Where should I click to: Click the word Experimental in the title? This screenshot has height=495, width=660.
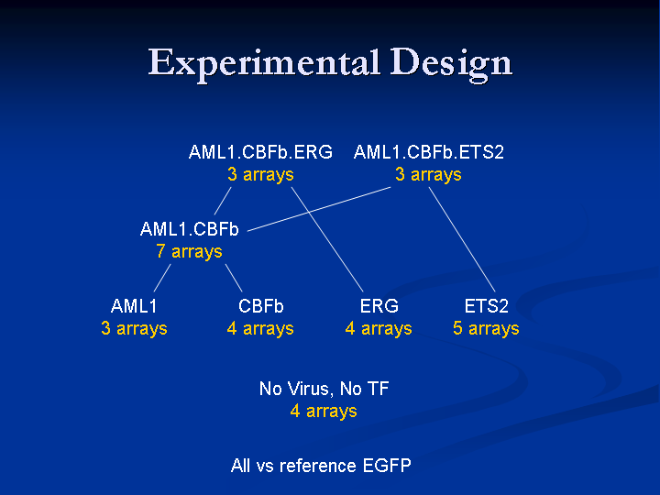click(x=264, y=63)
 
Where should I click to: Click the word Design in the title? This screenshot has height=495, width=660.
click(x=451, y=63)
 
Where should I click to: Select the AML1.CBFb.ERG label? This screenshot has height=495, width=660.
click(x=260, y=152)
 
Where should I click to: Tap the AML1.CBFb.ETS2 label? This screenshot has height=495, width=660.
click(x=428, y=152)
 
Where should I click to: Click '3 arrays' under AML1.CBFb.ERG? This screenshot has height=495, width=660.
click(x=260, y=174)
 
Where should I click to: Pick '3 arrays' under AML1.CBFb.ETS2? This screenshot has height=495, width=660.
click(x=428, y=174)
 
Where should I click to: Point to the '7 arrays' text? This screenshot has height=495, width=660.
click(x=189, y=251)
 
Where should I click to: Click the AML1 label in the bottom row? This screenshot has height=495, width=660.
click(x=134, y=306)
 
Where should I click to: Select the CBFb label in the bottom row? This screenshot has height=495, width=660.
click(x=261, y=306)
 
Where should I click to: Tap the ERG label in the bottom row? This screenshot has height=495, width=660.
click(x=379, y=306)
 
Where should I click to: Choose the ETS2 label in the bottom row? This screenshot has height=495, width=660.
click(x=486, y=306)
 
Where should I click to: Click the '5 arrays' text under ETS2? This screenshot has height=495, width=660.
click(x=486, y=328)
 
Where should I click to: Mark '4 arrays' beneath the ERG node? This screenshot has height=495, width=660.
click(x=379, y=328)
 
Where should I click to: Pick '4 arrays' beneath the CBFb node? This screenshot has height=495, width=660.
click(x=260, y=328)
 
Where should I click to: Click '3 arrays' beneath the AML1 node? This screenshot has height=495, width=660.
click(x=134, y=328)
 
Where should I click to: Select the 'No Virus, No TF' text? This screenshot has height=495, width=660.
click(x=324, y=389)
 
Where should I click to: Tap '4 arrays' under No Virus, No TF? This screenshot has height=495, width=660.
click(x=324, y=411)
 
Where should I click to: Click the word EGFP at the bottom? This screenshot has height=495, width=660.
click(x=387, y=466)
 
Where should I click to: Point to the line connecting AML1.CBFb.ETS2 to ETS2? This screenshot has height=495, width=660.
click(x=462, y=239)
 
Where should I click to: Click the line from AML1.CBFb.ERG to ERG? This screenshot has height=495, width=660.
click(x=327, y=239)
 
